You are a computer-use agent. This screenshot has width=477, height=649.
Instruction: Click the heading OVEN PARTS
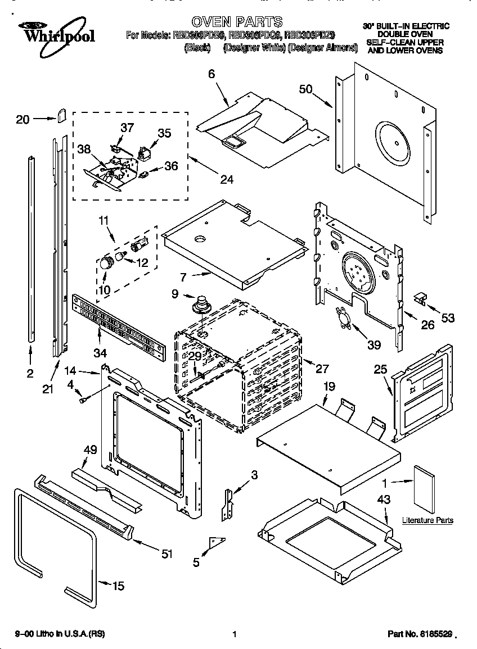237,22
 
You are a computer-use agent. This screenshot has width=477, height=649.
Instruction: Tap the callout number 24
226,180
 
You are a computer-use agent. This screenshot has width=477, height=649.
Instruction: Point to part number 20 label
22,119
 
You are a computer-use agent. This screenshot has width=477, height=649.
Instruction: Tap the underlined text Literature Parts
427,520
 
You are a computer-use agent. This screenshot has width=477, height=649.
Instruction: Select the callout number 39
373,345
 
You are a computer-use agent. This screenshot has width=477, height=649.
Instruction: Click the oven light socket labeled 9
200,306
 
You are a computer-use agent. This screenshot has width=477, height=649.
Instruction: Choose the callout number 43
384,499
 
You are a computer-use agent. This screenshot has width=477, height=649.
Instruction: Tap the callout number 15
118,586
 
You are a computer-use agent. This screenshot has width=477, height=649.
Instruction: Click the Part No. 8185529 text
420,634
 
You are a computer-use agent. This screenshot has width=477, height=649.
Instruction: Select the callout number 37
128,128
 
